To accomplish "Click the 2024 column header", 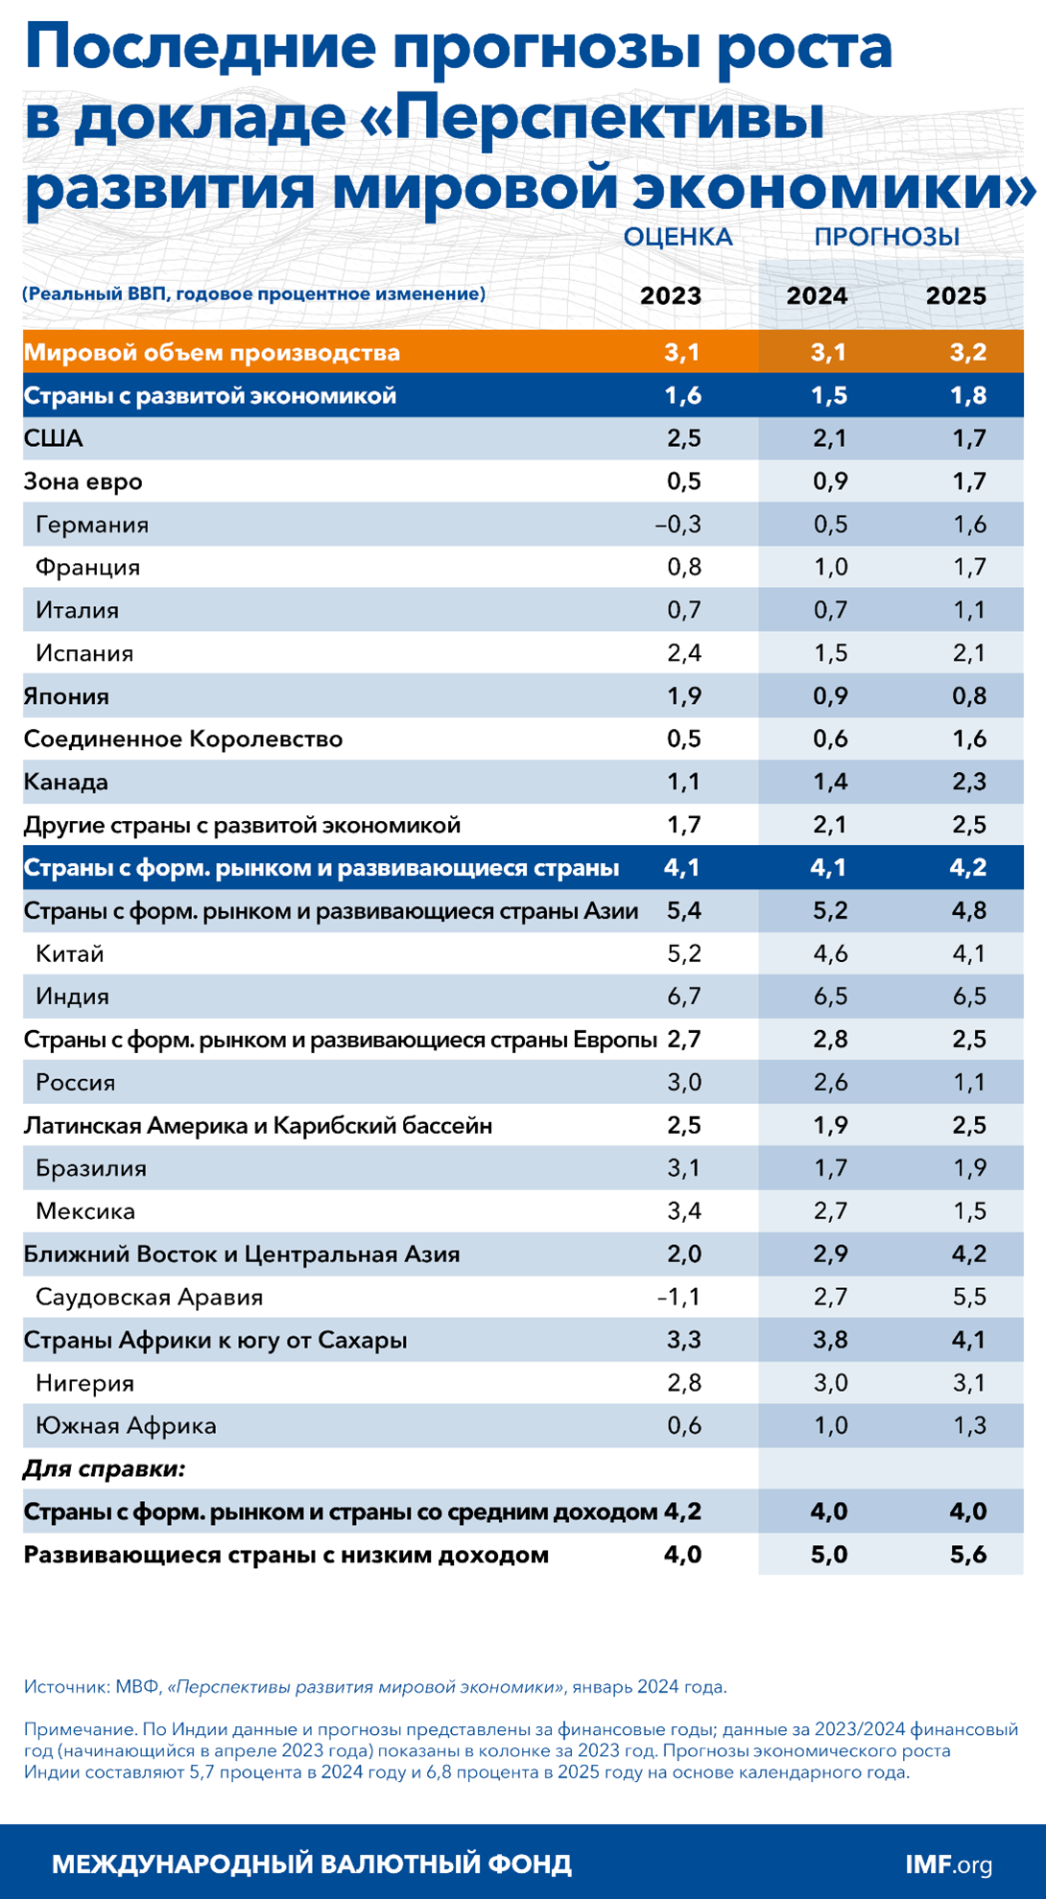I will click(817, 295).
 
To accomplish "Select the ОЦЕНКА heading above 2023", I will click(678, 237).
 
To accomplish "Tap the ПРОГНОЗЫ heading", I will click(887, 237).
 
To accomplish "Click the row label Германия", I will click(92, 525).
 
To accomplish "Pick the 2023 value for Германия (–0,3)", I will click(678, 525).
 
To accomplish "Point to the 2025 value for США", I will click(969, 438).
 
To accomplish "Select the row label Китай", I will click(69, 953).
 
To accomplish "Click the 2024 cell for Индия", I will click(830, 996).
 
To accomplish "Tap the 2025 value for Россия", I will click(969, 1083).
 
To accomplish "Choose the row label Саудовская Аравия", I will click(149, 1298).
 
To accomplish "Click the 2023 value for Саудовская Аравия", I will click(678, 1298).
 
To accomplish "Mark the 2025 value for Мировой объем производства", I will click(968, 352).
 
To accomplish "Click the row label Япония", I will click(66, 696).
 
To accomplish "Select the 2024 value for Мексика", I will click(830, 1211).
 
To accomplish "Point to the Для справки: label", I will click(104, 1468).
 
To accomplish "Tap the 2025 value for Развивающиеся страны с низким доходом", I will click(968, 1555).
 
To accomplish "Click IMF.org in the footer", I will click(948, 1864).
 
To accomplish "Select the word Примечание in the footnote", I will click(80, 1729).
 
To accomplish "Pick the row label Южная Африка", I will click(126, 1426).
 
